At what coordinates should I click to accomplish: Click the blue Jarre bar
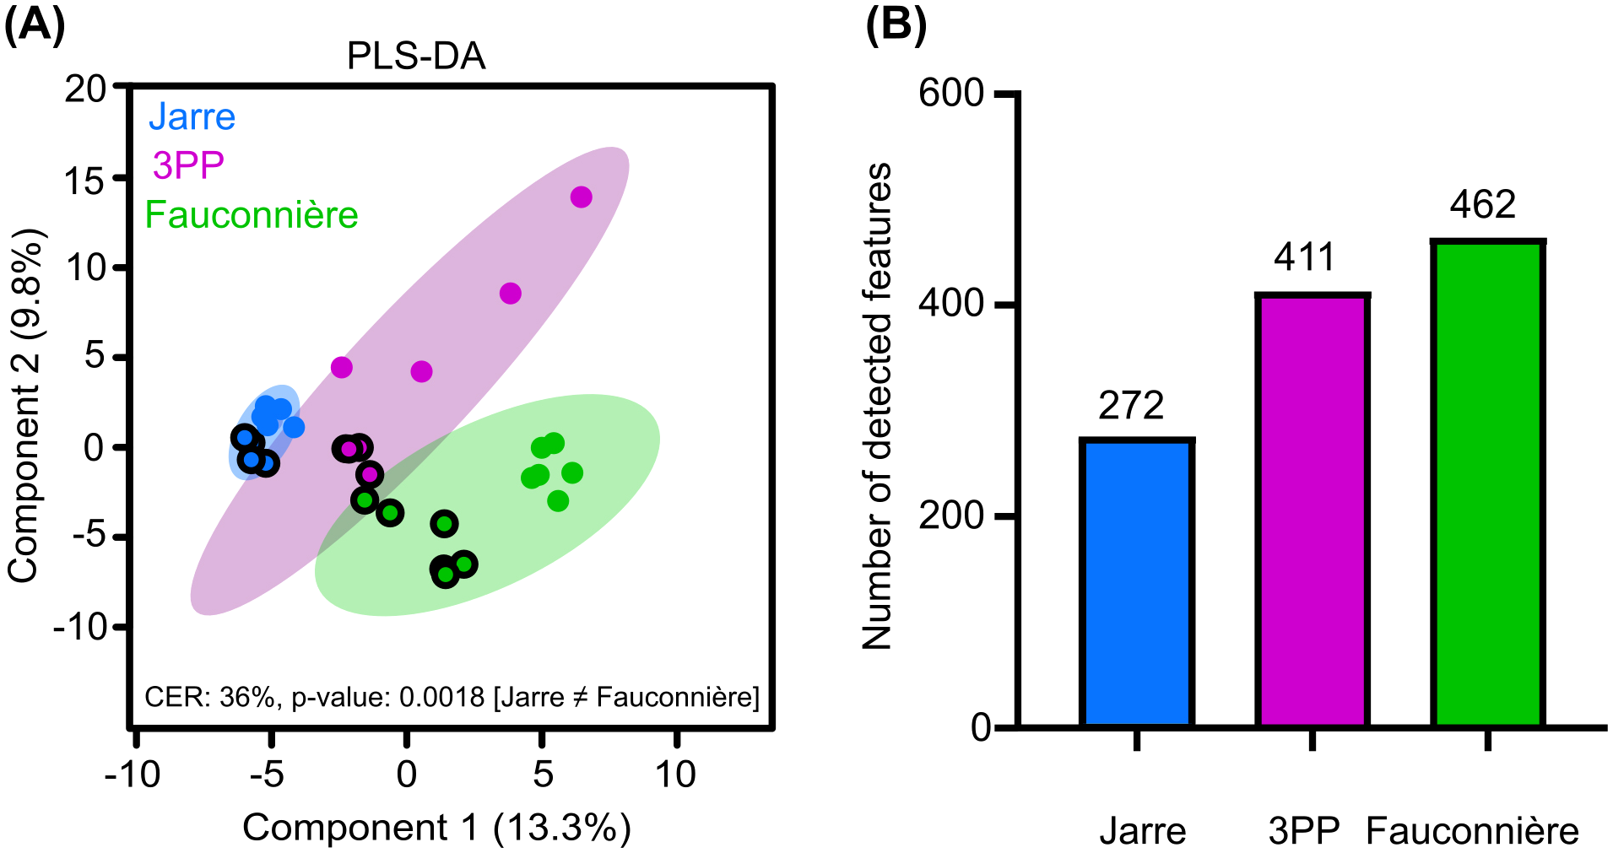[x=1136, y=582]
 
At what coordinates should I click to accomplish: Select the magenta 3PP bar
[x=1312, y=510]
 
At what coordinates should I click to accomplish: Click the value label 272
[x=1131, y=406]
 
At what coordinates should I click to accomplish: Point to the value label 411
[x=1304, y=257]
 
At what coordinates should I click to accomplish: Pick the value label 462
[x=1483, y=205]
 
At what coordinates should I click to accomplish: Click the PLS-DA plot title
[x=416, y=57]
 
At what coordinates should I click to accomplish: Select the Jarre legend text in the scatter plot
[x=192, y=116]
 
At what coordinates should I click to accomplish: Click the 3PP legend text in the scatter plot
[x=187, y=165]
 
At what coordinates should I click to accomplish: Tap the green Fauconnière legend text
[x=252, y=215]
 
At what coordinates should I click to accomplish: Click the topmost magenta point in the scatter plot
[x=581, y=197]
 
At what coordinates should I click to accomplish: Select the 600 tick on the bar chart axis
[x=951, y=93]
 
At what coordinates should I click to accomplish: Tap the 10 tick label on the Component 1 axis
[x=675, y=775]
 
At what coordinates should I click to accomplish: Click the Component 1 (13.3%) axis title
[x=436, y=828]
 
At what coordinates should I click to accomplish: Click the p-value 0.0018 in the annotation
[x=441, y=698]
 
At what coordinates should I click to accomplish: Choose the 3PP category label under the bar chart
[x=1304, y=832]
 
